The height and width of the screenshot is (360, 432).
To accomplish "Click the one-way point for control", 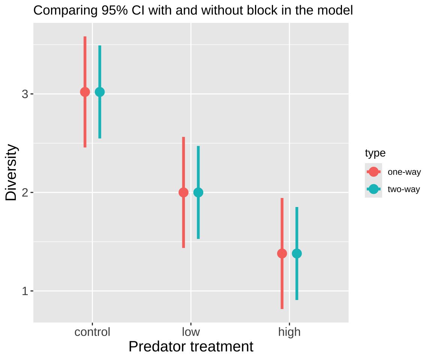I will (x=85, y=92).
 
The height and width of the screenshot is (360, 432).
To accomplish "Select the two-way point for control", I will (x=100, y=92).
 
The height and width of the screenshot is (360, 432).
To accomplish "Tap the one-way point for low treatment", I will (x=183, y=192).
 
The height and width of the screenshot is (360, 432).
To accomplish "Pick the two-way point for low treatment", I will (x=198, y=192).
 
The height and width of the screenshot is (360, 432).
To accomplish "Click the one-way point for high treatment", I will (x=282, y=253).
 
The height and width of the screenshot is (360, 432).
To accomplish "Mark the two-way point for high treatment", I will (x=297, y=253).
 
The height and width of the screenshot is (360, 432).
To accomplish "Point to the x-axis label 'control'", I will (x=92, y=332).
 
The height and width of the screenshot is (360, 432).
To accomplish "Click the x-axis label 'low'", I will (x=191, y=332).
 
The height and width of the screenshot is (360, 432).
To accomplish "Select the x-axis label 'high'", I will (x=289, y=332).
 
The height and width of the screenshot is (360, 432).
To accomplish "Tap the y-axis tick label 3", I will (x=25, y=94).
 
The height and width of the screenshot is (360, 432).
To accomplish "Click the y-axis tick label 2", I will (x=25, y=193).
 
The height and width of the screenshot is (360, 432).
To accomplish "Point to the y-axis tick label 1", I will (x=25, y=291).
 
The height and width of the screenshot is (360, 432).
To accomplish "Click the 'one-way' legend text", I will (x=404, y=172).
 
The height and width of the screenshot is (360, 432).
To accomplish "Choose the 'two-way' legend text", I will (x=404, y=189).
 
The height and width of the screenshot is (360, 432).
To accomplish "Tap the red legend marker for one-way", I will (x=373, y=172).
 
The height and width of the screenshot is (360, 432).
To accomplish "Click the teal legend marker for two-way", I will (x=373, y=189).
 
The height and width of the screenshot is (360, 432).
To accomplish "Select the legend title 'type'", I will (x=375, y=153).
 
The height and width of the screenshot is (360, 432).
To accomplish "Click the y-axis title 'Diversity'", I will (x=12, y=172).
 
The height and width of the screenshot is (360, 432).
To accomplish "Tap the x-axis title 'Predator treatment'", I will (x=191, y=347).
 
